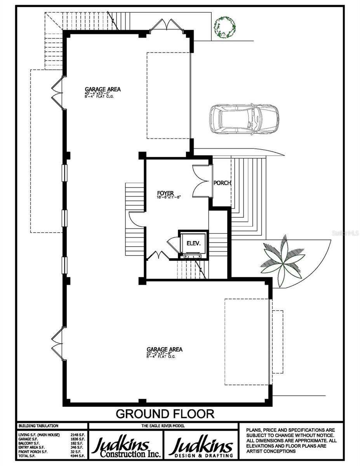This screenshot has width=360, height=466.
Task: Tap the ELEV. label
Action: [x=193, y=243]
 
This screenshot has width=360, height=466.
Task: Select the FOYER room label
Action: [x=165, y=192]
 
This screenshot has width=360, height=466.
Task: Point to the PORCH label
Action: [x=223, y=183]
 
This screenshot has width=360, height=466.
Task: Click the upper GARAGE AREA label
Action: [x=103, y=89]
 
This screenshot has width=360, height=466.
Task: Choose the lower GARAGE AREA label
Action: [x=164, y=349]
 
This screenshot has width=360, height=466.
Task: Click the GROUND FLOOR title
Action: [x=165, y=413]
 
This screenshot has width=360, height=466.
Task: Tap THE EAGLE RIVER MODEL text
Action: [x=163, y=426]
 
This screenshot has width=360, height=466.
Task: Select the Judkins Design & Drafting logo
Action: [x=202, y=447]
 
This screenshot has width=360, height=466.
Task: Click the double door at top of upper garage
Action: [x=167, y=25]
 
